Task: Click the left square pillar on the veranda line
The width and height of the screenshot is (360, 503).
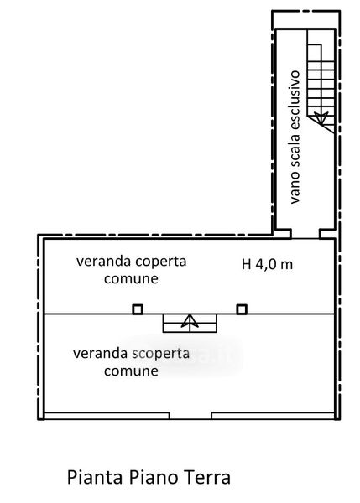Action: coord(138,309)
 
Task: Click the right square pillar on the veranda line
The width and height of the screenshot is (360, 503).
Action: coord(242,309)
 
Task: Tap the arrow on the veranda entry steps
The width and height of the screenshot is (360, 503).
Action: coord(190,323)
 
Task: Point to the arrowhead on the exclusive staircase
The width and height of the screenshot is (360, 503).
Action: coord(321,118)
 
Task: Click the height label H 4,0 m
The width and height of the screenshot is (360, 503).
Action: coord(267,264)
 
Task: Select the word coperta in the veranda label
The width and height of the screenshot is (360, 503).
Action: coord(161,262)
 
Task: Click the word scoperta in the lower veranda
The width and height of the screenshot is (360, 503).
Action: coord(160,354)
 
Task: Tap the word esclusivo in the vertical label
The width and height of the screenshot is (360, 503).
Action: coord(295,101)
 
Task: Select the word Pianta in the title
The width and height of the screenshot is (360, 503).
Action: coord(95,477)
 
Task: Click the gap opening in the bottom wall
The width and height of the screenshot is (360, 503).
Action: coord(190,416)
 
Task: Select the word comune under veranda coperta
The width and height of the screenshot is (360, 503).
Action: coord(131,278)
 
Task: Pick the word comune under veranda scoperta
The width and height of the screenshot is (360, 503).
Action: coord(131,371)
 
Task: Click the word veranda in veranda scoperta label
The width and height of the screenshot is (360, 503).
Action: coord(100,354)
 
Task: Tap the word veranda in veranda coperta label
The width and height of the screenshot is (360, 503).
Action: coord(103,261)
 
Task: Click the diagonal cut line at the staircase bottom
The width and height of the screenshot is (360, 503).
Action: coord(321,125)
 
